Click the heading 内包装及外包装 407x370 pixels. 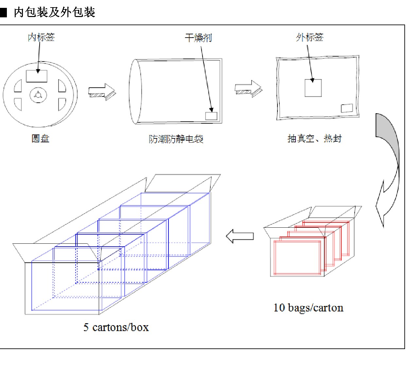(54, 12)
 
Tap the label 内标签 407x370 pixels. (41, 37)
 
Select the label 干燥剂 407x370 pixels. (198, 38)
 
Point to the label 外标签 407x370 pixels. (310, 37)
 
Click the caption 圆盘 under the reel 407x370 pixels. (40, 139)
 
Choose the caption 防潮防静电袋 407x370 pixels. (176, 139)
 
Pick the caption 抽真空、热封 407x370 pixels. (314, 139)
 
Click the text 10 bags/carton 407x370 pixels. (309, 308)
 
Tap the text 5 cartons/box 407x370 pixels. (116, 327)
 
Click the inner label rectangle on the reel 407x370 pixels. (37, 76)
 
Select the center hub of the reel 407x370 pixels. (38, 95)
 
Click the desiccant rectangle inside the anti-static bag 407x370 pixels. (211, 116)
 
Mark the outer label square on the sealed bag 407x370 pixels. (313, 88)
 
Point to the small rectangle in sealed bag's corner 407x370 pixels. (347, 108)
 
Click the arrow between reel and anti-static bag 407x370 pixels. (102, 92)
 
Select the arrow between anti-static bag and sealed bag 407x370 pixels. (249, 89)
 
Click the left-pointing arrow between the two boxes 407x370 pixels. (240, 236)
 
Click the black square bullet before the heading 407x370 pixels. (3, 12)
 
